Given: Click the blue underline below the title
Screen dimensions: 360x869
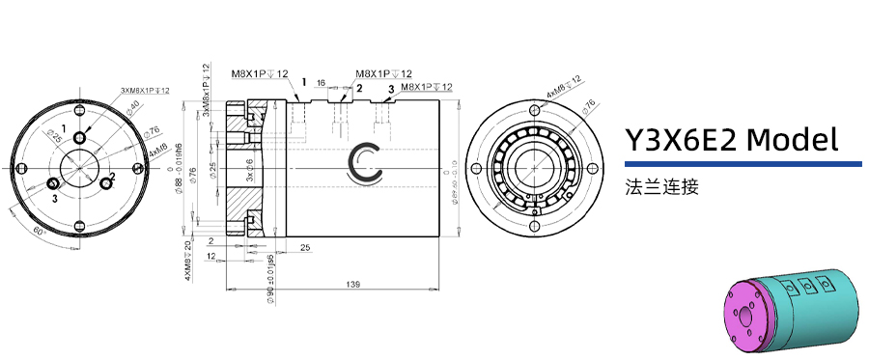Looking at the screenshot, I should (743, 164).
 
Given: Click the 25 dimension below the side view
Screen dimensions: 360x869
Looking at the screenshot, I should (304, 248).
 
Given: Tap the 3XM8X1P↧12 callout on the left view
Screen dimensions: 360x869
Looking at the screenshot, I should (145, 90).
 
